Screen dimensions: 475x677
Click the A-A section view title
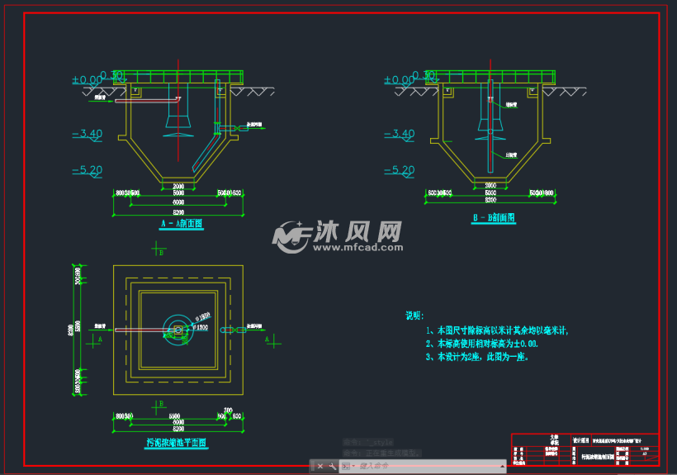pos(181,223)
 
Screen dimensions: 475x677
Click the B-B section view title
pos(494,218)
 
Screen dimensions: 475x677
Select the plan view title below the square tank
pos(177,443)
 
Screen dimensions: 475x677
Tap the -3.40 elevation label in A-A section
pos(87,133)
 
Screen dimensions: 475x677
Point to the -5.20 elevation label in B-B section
pos(399,170)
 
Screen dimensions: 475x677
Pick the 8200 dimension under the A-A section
pos(178,212)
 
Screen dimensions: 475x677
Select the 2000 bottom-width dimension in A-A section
pos(178,185)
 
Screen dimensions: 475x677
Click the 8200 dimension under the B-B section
pos(491,200)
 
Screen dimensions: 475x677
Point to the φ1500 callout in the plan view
pos(201,327)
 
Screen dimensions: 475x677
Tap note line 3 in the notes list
pos(477,357)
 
